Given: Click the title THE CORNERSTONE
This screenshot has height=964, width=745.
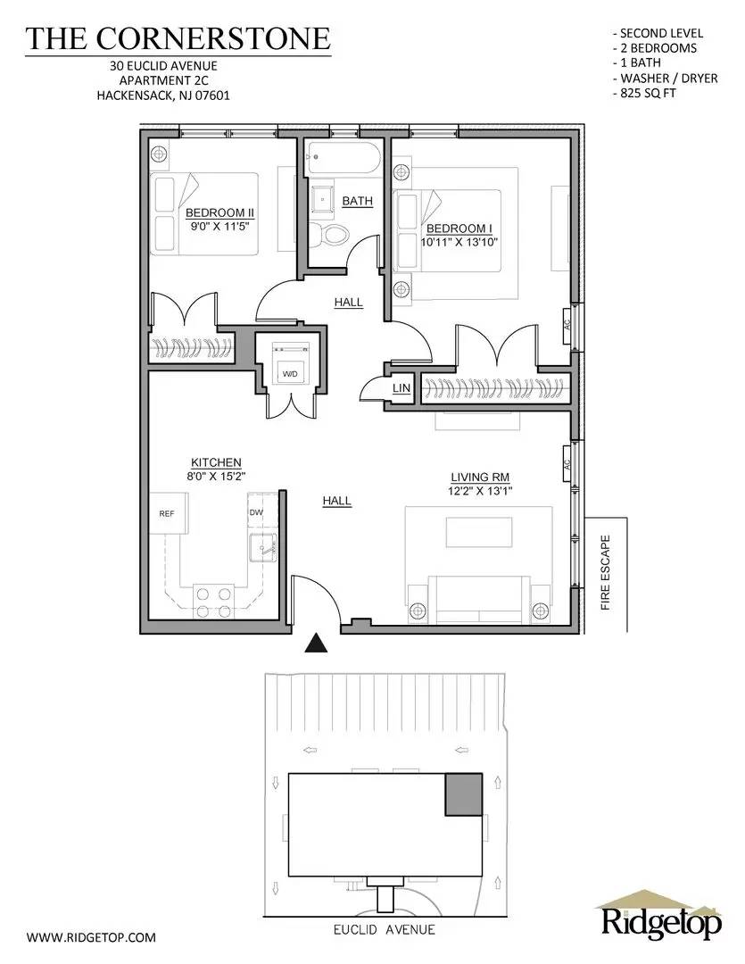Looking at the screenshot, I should pos(178,38).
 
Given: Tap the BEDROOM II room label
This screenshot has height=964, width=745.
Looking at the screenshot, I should pos(220,212).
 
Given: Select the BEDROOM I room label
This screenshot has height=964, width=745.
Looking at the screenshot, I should pos(459,228).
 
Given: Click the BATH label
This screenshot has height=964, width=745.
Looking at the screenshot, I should pos(357,202).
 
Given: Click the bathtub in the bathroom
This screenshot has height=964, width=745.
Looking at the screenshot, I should pos(343,162).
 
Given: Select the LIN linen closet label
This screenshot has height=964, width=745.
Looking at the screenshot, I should pos(401,389).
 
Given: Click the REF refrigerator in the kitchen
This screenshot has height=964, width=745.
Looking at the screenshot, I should pos(166,513).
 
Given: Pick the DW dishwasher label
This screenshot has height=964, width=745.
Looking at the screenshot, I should pos(256,512).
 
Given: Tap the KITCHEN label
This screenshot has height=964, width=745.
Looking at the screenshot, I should pos(216,462).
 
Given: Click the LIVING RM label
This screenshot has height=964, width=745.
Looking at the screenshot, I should pos(479,477).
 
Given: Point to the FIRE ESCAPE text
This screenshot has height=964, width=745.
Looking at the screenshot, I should pos(605,572).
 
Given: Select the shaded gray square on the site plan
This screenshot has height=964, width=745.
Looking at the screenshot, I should pos(463,794).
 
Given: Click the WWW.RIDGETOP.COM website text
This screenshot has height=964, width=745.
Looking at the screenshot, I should pos(91,937).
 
